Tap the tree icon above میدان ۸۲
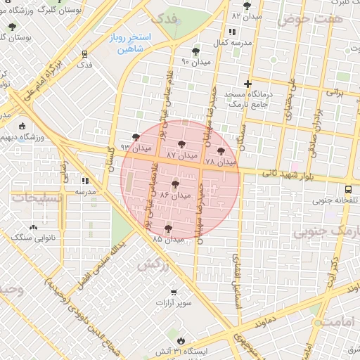[x=247, y=6]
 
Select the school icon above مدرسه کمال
[x=232, y=32]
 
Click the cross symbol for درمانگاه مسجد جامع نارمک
[x=247, y=84]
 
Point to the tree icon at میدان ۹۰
[x=195, y=51]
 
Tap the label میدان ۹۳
[x=136, y=148]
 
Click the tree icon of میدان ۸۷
[x=181, y=143]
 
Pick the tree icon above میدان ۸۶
[x=175, y=184]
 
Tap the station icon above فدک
[x=84, y=53]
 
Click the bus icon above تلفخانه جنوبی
[x=349, y=189]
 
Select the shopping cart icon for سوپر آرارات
[x=173, y=292]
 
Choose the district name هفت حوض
[x=309, y=20]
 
